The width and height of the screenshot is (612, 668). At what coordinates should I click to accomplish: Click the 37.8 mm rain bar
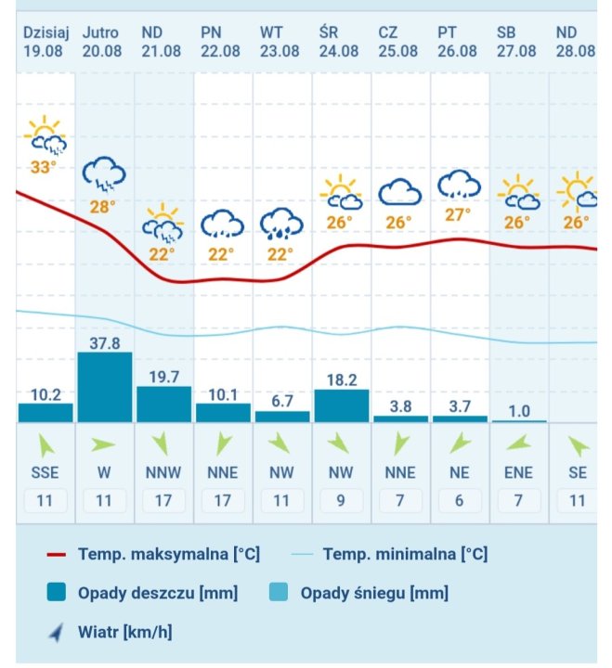104,388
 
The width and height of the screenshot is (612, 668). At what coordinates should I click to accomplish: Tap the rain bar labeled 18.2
341,405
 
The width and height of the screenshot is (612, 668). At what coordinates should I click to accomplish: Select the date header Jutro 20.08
102,42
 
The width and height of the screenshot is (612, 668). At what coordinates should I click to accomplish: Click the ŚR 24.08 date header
340,42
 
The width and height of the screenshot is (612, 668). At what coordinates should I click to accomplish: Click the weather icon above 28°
103,173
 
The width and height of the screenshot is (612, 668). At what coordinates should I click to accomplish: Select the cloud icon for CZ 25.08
399,193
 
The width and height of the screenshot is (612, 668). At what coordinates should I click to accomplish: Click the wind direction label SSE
45,473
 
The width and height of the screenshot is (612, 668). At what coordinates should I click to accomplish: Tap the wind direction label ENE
518,473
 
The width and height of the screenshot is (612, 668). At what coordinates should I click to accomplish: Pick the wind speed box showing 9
340,501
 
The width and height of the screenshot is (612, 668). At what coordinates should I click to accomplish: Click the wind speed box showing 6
459,501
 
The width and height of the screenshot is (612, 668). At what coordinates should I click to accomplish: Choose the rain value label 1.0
518,410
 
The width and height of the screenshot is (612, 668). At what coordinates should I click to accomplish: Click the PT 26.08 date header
459,42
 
